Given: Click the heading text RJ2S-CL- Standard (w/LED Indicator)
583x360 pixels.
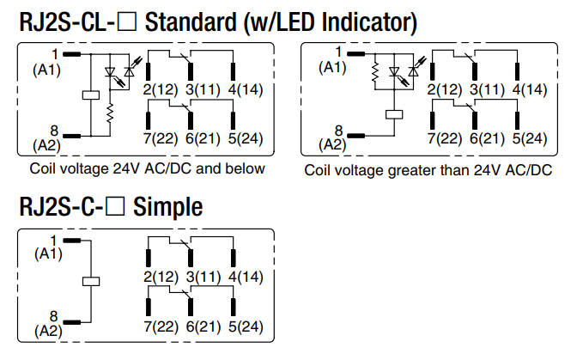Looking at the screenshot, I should point(219,21).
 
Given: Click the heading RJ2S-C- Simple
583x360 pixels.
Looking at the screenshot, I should point(111,207).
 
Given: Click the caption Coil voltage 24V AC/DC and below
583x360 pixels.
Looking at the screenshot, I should point(147,168).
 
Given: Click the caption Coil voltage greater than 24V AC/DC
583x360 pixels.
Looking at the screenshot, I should point(428,170).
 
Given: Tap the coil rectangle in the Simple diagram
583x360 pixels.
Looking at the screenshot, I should point(90,282).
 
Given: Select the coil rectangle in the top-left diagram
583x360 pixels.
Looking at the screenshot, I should point(89,95).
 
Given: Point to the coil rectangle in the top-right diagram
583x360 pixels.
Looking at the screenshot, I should point(396,113).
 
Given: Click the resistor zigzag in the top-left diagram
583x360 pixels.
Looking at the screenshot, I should point(111,113).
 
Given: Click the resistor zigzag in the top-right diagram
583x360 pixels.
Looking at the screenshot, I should point(375,76).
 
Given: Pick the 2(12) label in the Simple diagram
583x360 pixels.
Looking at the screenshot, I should point(159,277).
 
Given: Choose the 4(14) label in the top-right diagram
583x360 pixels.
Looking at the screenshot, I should point(528,89).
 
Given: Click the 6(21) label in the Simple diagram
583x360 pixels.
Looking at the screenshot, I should point(203,326).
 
